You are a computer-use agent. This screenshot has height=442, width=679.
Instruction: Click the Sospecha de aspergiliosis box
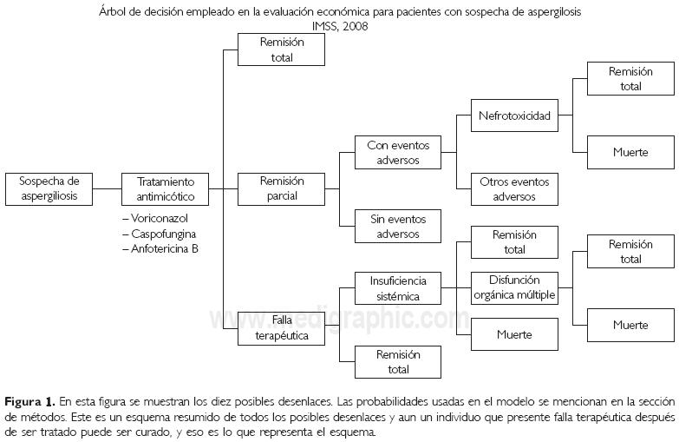(x=49, y=188)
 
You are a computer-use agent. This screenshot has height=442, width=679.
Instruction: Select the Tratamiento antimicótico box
(x=172, y=188)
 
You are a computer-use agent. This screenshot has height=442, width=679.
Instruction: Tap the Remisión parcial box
(x=282, y=188)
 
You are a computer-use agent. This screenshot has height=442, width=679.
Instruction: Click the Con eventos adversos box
(x=398, y=152)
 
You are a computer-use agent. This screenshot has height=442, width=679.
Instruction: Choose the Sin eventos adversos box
(x=398, y=226)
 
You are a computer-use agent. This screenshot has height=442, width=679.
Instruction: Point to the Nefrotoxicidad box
(x=514, y=115)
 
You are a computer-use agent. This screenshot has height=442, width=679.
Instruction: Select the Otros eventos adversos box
(x=514, y=189)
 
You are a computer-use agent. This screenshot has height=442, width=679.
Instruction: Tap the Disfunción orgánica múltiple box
(x=514, y=287)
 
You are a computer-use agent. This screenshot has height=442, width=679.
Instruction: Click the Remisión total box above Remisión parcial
(x=282, y=50)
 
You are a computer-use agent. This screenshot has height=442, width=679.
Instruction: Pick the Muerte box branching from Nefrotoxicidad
(x=630, y=153)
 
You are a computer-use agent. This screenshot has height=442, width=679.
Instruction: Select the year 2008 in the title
(x=356, y=26)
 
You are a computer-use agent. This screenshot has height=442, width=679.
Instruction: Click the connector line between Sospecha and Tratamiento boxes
(x=107, y=188)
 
